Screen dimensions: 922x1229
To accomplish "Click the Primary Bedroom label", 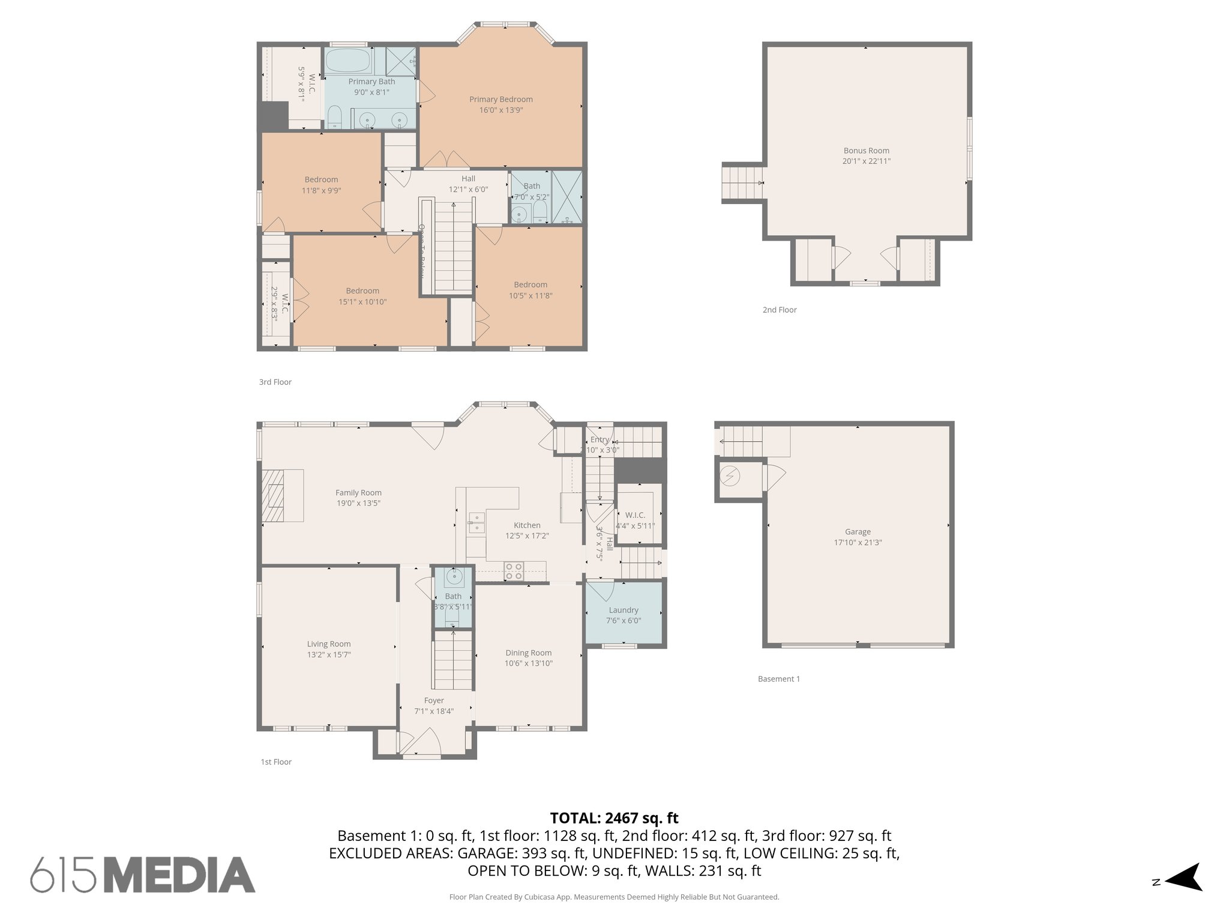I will click(x=500, y=100).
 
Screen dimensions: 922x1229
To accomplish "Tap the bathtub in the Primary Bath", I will click(x=347, y=61).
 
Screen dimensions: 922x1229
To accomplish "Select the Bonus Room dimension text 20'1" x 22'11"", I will click(x=866, y=161).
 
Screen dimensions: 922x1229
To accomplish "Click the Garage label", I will click(x=858, y=532).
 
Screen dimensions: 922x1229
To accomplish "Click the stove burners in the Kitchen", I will click(x=513, y=571).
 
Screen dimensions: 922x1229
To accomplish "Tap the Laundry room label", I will click(x=624, y=610).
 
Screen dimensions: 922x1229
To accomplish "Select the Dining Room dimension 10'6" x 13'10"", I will click(x=528, y=663).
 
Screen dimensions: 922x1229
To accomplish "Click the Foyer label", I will click(x=434, y=701).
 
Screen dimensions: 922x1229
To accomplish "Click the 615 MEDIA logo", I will click(x=143, y=875).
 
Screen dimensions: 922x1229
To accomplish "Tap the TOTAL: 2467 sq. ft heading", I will click(x=614, y=818).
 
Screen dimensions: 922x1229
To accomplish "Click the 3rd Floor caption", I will click(x=275, y=382).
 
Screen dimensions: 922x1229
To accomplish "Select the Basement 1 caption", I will click(x=778, y=679).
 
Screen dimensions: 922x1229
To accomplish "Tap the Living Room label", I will click(x=329, y=644).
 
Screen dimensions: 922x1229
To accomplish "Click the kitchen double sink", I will click(x=476, y=522).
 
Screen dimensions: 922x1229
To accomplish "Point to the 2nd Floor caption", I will click(x=779, y=310).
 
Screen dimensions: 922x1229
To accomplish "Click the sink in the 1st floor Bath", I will click(x=453, y=577).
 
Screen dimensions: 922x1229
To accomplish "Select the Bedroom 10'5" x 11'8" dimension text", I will click(x=530, y=296).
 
